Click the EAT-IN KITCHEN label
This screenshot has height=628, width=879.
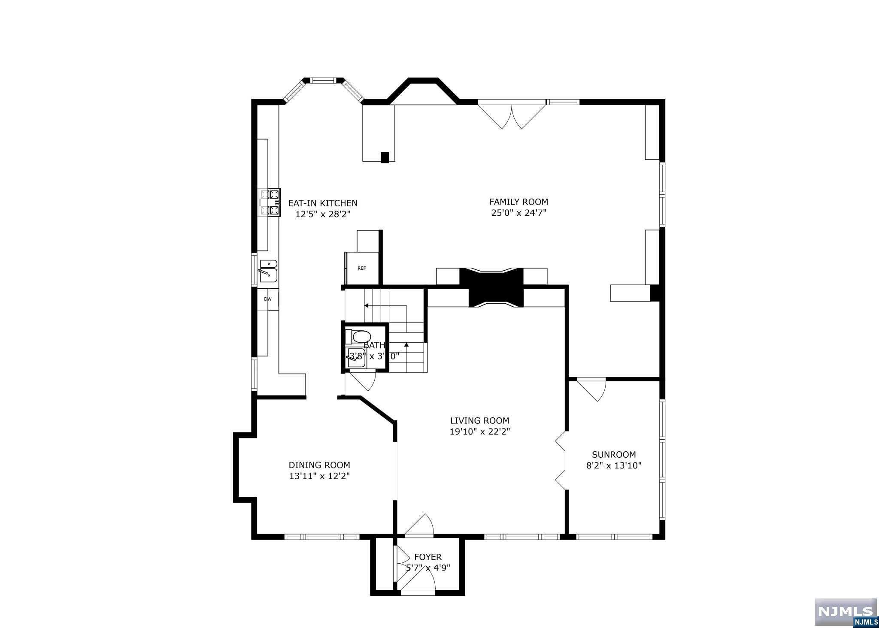click(x=322, y=203)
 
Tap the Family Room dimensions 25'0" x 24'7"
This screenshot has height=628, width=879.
click(x=518, y=213)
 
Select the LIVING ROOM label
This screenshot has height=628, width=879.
click(x=479, y=421)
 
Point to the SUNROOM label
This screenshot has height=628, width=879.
click(x=614, y=455)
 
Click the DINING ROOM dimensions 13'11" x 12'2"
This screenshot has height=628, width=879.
click(x=319, y=476)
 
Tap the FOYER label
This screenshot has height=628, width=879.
click(x=427, y=557)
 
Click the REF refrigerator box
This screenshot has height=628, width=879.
click(x=362, y=269)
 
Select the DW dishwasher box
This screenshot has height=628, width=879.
click(x=268, y=299)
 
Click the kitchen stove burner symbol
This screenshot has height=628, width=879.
click(x=270, y=202)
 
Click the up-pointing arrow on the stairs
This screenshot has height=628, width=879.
click(x=406, y=344)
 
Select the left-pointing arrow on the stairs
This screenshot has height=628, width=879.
click(x=367, y=306)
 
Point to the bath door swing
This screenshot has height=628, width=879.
click(x=363, y=380)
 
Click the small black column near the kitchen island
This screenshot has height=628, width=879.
click(x=385, y=157)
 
